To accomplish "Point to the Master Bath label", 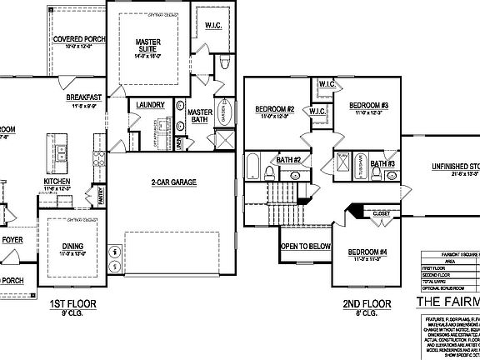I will [200, 116].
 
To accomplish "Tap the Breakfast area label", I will [83, 97].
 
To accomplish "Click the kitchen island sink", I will [61, 154].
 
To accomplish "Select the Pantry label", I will [102, 197].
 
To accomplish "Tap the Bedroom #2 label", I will [273, 110].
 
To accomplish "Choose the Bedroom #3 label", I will [369, 105].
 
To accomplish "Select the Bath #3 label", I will [382, 163].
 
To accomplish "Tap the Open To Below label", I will [305, 247].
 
